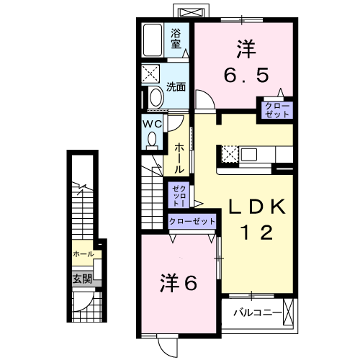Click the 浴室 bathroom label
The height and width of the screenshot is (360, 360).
176,37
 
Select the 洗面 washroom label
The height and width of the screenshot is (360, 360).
176,86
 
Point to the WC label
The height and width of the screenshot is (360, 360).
153,123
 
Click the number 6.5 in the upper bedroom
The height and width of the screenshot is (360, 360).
245,72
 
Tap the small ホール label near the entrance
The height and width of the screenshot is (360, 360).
83,254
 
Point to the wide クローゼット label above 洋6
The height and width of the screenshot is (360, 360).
193,222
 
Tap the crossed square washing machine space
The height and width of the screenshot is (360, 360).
153,74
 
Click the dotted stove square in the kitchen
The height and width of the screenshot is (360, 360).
229,154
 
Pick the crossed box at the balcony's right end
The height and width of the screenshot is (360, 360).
289,314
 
